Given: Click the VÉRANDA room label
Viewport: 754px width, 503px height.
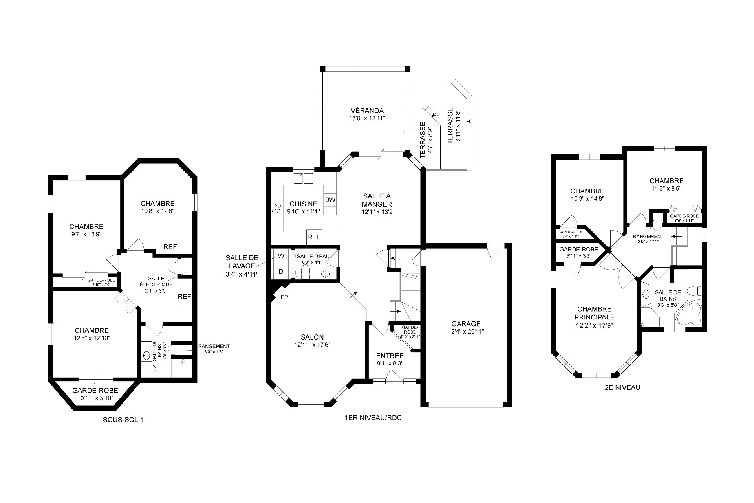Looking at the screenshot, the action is click(x=368, y=110).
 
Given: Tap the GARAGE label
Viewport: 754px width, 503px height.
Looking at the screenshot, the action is click(x=466, y=324).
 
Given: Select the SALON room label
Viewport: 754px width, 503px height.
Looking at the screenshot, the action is click(x=312, y=337).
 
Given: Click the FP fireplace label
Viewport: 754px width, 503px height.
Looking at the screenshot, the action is click(x=284, y=297).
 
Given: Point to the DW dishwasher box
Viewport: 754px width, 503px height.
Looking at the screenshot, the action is click(x=330, y=200).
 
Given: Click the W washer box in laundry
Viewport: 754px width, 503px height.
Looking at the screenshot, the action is click(x=281, y=256).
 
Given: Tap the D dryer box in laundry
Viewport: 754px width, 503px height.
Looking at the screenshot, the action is click(x=281, y=271).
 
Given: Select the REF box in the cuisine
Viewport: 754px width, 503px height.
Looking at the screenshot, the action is click(x=314, y=237).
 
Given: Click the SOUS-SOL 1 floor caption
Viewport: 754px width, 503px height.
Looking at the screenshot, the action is click(x=123, y=420).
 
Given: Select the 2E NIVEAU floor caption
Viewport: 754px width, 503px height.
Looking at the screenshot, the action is click(x=622, y=387).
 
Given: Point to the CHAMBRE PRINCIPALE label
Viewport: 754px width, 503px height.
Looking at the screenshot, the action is click(x=594, y=313).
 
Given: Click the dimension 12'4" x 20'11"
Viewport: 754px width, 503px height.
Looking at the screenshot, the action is click(x=466, y=332).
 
